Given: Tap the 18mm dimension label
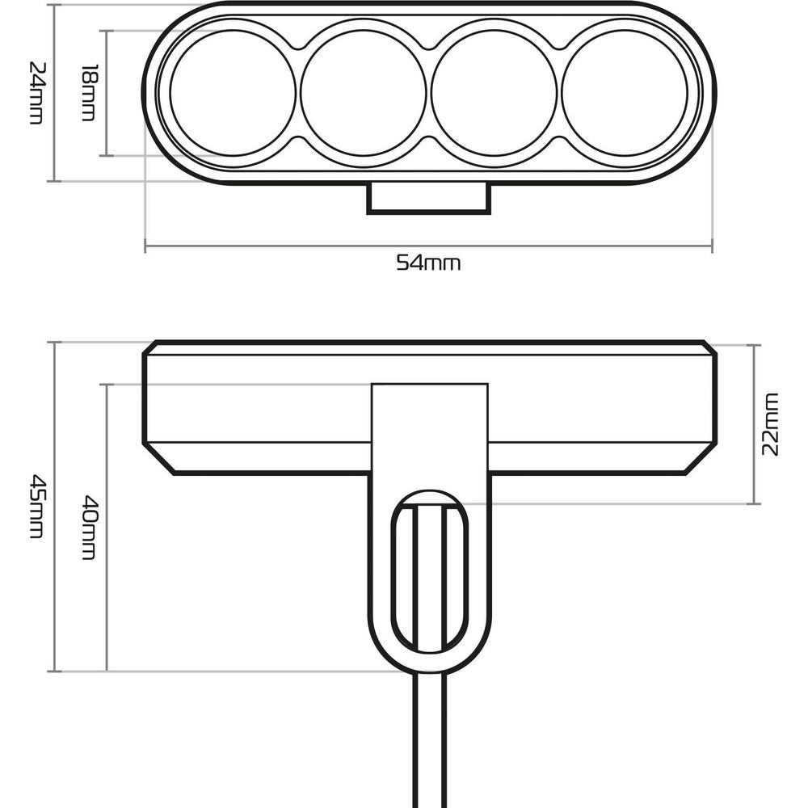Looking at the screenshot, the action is (x=88, y=93).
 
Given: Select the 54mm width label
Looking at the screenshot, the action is (x=428, y=263).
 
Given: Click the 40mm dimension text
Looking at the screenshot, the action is (x=89, y=528).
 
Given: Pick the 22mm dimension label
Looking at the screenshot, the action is (x=770, y=424).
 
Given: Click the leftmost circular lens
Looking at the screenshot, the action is (x=233, y=93).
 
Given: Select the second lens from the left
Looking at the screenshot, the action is (x=364, y=93).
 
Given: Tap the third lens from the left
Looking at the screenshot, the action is (x=494, y=93).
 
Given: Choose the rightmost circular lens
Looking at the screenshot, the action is (x=625, y=93).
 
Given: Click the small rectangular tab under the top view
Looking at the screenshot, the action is (x=429, y=198).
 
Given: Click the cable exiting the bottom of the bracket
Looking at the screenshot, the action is (x=430, y=740).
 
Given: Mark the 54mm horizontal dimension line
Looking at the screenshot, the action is (x=429, y=246).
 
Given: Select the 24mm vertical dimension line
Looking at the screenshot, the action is (x=54, y=93).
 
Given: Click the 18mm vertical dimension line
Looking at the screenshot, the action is (x=107, y=93).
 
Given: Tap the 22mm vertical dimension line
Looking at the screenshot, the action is (x=754, y=424).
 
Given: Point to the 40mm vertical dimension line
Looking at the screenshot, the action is (x=107, y=528).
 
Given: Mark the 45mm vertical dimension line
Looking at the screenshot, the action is (x=54, y=507).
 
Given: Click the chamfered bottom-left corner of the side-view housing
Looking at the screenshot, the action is (x=158, y=459).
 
